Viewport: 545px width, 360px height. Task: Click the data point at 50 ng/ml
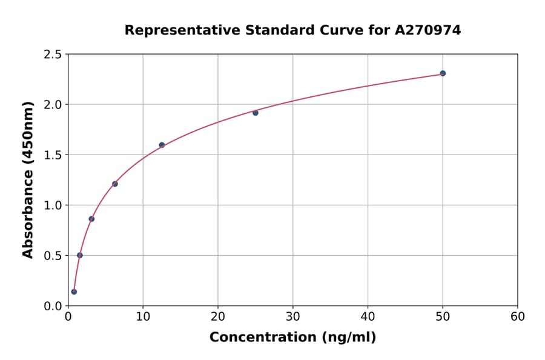(443, 73)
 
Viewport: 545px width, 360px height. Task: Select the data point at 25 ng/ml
(256, 113)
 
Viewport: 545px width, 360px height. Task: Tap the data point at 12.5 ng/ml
(162, 145)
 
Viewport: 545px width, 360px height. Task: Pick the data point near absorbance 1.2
(115, 184)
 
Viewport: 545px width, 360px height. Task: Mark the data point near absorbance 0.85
(91, 219)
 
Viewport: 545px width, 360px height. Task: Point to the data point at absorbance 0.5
(80, 255)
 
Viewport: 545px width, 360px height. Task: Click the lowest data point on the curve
(74, 292)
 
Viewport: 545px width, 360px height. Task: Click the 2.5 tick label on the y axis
(53, 55)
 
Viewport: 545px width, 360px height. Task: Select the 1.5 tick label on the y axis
(53, 155)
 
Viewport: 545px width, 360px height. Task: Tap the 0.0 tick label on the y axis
(53, 306)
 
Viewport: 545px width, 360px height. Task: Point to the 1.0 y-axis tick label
(53, 205)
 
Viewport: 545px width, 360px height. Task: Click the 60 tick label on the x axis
(518, 316)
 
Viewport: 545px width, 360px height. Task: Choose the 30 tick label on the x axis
(292, 316)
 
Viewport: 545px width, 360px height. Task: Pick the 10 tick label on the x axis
(143, 316)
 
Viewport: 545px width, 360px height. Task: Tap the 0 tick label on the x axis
(68, 316)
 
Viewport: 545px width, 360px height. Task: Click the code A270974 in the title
(428, 30)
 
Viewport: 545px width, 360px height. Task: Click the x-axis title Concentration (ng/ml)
(292, 337)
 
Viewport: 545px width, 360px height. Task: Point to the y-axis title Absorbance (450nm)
(28, 180)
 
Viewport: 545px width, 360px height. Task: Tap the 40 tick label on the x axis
(368, 316)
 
